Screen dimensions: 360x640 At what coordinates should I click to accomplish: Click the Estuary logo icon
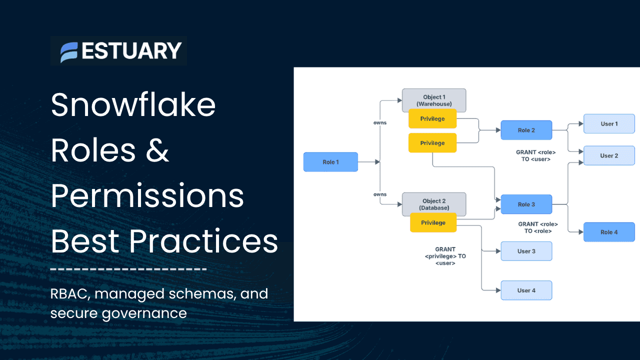point(69,51)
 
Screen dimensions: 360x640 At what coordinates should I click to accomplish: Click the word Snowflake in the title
point(133,105)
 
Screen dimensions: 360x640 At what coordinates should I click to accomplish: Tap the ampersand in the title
point(157,150)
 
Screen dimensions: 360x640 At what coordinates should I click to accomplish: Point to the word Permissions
point(147,196)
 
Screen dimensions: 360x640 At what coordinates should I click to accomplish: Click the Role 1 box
point(330,162)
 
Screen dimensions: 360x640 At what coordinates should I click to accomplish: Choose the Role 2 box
point(526,130)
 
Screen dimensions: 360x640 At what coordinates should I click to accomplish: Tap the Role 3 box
point(526,204)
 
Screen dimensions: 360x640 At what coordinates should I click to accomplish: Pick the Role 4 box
point(608,232)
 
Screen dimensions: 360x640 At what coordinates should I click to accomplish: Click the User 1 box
point(608,123)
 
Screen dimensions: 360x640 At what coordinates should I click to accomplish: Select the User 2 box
point(608,155)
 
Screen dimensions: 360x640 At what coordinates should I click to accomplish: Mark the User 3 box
point(526,251)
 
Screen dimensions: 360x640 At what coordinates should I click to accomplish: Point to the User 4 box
point(526,290)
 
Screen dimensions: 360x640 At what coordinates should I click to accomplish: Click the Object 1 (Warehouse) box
point(433,100)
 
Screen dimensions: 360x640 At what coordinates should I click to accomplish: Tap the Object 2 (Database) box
point(433,204)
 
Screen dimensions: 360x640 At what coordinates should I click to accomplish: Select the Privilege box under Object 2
point(433,222)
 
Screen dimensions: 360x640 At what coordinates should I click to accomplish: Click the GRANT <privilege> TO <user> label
point(445,256)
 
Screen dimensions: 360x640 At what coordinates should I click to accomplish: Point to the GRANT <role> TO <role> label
point(538,227)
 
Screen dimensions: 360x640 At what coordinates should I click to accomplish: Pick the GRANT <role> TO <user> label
point(536,155)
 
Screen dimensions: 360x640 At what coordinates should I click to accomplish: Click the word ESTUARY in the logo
point(131,51)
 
